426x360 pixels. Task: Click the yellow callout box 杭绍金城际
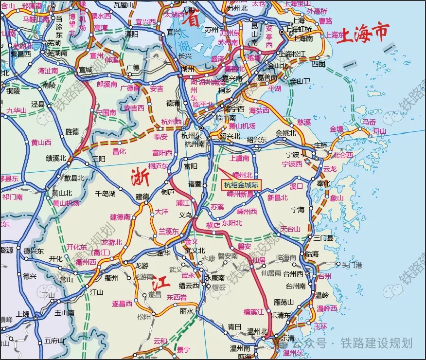pos(242,185)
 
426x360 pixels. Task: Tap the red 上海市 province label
pos(364,33)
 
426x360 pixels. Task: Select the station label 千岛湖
pos(105,193)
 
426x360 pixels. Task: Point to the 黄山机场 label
pos(66,203)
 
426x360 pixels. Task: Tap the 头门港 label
pos(352,265)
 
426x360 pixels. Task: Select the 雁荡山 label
pos(284,302)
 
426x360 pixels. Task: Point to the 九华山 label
pos(16,110)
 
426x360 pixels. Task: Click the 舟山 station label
pos(379,131)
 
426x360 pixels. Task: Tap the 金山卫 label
pos(300,81)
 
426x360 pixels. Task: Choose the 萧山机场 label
pos(242,126)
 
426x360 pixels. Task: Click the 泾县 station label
pos(37,104)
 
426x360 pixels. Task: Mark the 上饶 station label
pos(23,313)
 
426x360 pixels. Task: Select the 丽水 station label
pos(187,311)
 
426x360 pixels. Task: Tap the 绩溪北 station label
pos(56,158)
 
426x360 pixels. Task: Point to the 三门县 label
pos(323,238)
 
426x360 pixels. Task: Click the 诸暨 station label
pos(195,184)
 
